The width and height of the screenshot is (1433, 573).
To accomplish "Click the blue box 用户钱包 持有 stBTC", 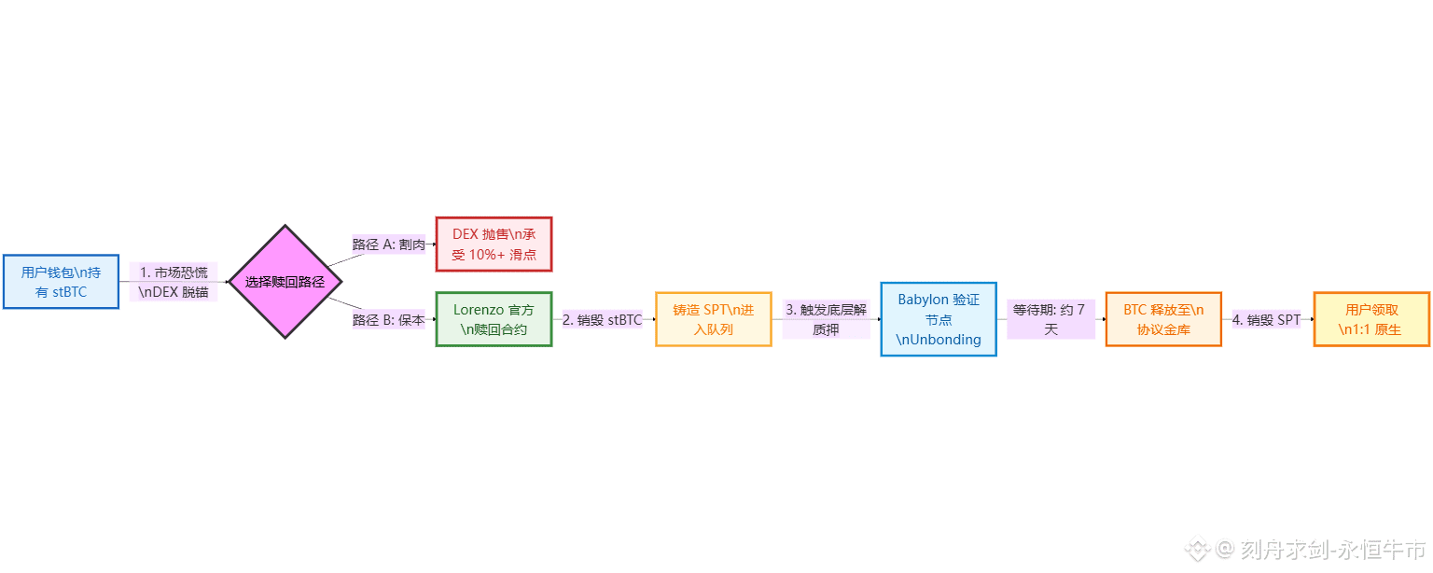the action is click(61, 282).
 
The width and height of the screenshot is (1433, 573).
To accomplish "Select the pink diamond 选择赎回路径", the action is click(285, 282).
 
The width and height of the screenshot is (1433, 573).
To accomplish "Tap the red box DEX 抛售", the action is click(494, 245).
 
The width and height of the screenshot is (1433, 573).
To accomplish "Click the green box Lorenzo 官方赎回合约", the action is click(494, 319).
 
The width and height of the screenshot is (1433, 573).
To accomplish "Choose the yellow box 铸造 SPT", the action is click(713, 319).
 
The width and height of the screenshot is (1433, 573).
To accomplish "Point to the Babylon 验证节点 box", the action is click(939, 319).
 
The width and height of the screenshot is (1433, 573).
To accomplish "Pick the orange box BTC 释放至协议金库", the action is click(1163, 319).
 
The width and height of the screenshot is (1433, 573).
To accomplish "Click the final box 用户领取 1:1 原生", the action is click(1371, 319).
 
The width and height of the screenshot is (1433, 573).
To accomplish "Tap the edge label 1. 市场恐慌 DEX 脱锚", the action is click(174, 282).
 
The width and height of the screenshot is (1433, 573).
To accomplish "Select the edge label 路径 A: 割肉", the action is click(388, 245).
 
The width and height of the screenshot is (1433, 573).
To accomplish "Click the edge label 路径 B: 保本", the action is click(388, 320).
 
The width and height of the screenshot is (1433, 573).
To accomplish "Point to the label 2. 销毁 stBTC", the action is click(602, 320).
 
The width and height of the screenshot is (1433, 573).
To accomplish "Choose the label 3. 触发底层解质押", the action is click(826, 319).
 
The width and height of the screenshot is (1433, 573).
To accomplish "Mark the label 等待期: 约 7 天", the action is click(1050, 319).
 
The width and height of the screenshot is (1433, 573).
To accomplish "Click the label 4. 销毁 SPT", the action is click(1266, 320).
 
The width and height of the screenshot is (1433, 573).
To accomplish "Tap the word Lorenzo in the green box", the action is click(479, 310).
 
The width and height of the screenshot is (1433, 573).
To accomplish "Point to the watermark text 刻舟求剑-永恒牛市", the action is click(1333, 549).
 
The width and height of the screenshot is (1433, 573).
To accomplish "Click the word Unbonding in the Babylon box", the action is click(942, 340).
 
